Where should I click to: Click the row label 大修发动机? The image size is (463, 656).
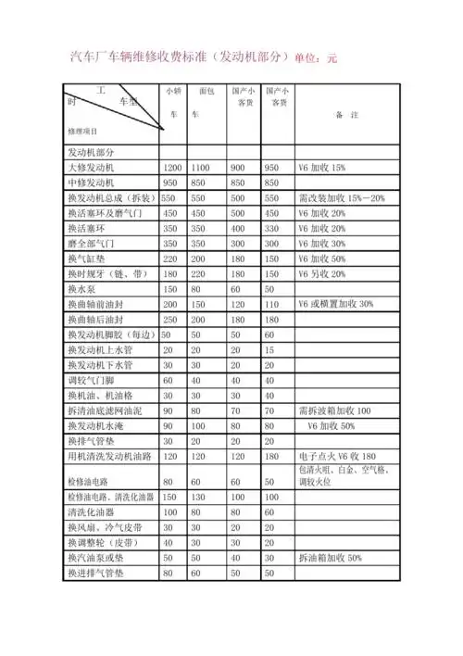(91, 169)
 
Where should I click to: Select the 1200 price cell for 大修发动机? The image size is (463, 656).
(172, 169)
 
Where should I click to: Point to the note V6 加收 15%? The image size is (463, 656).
(321, 169)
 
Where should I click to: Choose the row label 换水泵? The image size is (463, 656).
(83, 289)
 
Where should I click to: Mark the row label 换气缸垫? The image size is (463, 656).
(87, 259)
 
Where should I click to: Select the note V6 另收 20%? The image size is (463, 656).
(321, 274)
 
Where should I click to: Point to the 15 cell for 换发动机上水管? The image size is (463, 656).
(269, 349)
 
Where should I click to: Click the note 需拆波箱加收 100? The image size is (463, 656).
(334, 410)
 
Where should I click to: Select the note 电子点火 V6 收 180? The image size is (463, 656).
(337, 456)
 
